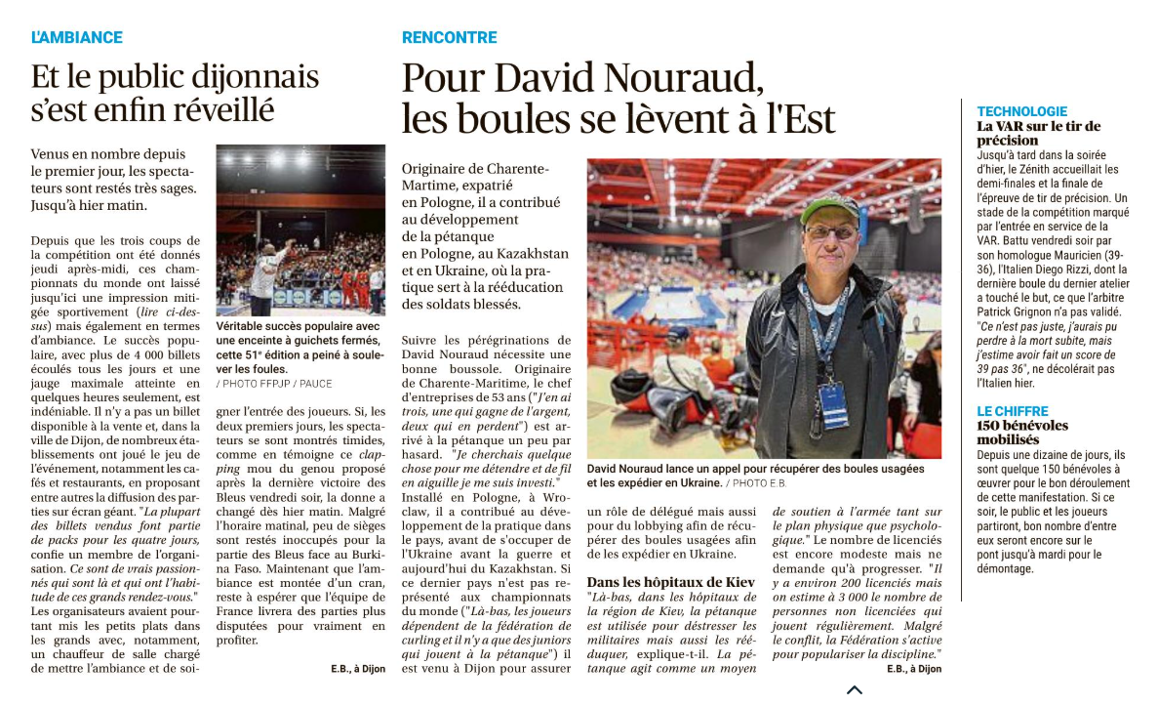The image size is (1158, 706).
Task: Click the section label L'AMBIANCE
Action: pos(76,38)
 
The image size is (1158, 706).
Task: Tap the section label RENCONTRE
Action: pos(449,38)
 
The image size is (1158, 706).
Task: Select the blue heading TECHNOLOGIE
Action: pos(1021,111)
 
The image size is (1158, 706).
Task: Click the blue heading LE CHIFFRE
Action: pos(1013,411)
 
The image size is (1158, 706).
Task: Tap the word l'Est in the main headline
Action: pos(798,118)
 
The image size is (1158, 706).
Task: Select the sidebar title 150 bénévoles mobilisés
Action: pos(1022,433)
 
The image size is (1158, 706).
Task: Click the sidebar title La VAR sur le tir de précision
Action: pos(1038,133)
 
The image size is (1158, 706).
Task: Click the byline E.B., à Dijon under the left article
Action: pos(357,669)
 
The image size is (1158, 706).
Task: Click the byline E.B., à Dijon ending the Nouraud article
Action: pos(913,669)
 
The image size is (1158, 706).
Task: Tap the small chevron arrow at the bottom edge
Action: pos(854,690)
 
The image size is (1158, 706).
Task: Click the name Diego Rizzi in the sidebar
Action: pos(1071,270)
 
